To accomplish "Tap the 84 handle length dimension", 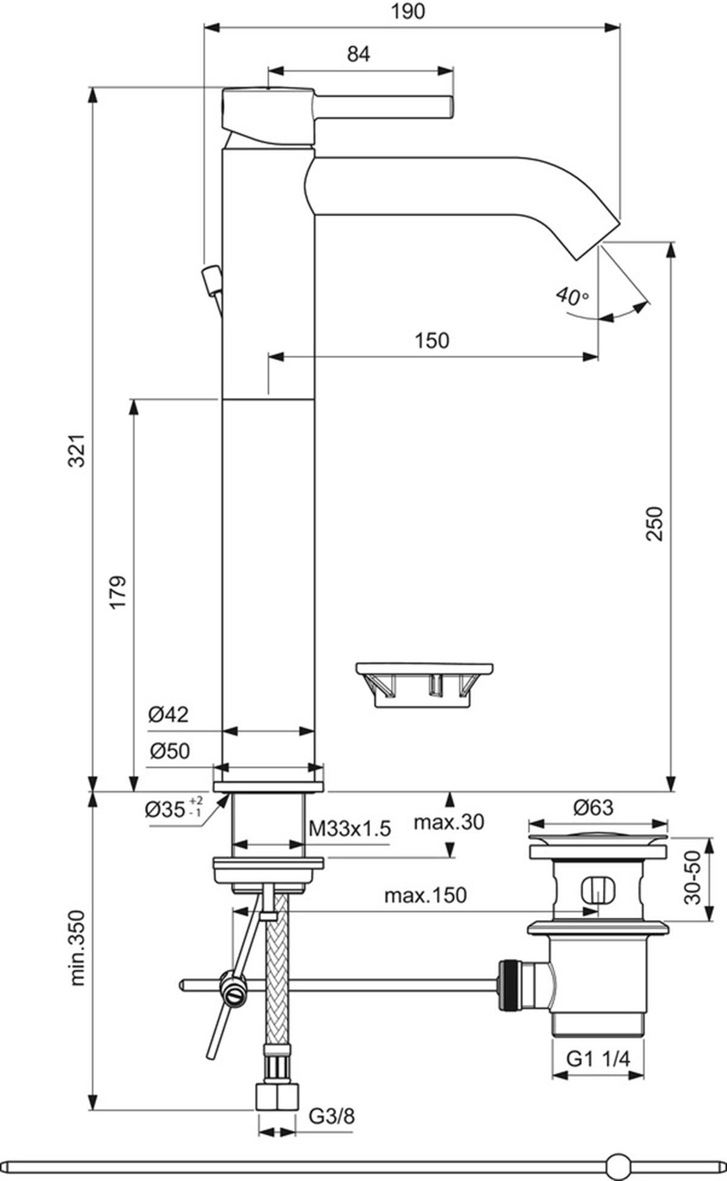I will point(359,54).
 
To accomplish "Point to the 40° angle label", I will point(572,296).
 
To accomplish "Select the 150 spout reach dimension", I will point(432,340).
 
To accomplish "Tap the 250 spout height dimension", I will point(655,523).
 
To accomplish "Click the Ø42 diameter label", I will point(169,715).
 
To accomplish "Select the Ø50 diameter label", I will point(170,751).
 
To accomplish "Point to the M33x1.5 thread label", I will point(350,828).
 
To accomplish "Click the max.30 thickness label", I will point(449,822).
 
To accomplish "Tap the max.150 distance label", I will point(426,895).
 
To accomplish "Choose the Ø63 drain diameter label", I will point(593,807).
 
